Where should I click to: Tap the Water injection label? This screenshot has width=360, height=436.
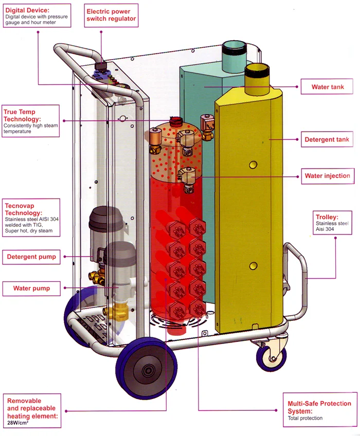pos(327,176)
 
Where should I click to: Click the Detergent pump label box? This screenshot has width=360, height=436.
pos(31,257)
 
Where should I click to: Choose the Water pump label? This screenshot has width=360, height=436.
pos(31,288)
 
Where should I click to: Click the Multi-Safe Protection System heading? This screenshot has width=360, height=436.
pos(319,407)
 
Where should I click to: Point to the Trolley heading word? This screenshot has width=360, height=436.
pos(327,217)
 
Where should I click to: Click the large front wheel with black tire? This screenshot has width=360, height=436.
pos(144,368)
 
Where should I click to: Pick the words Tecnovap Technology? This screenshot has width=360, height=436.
pos(23,209)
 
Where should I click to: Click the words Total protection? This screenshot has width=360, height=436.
pos(305,419)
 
